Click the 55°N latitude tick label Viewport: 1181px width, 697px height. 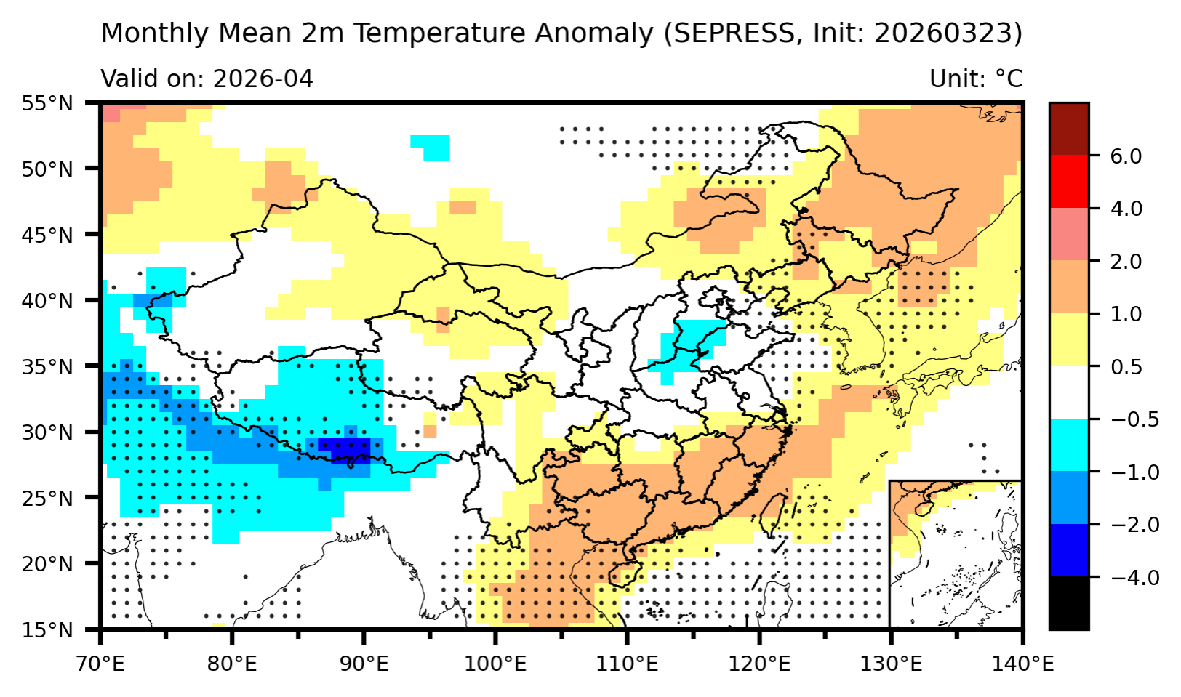(x=47, y=103)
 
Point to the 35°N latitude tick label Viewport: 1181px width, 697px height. (x=47, y=366)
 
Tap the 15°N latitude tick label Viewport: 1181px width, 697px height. (x=47, y=629)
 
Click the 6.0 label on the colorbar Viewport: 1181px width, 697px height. (x=1126, y=156)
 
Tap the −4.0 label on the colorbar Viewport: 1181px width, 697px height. (x=1131, y=577)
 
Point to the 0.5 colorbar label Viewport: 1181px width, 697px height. (x=1126, y=366)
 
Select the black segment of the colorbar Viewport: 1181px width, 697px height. (x=1068, y=603)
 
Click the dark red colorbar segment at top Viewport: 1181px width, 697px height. (x=1068, y=129)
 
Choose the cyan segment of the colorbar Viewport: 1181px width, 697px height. (x=1068, y=445)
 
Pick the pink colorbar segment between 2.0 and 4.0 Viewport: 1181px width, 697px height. (x=1068, y=234)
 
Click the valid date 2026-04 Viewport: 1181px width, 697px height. (x=263, y=78)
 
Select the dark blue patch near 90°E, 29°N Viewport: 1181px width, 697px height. (x=344, y=448)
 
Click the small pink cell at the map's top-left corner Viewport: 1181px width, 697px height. (x=111, y=113)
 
